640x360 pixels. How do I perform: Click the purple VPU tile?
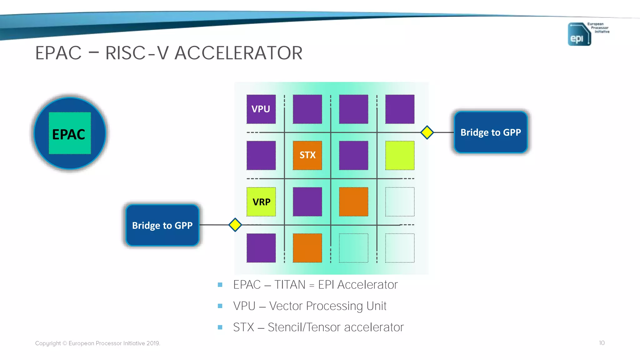pos(261,109)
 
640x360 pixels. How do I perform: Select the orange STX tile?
pos(307,155)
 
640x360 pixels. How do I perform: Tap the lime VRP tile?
pos(261,202)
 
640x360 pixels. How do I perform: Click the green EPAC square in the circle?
pos(70,133)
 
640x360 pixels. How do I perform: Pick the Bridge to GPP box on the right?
pos(491,132)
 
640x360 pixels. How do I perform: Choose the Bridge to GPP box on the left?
pos(162,225)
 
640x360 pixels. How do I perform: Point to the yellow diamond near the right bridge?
pos(427,132)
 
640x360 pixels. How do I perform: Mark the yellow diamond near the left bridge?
pos(235,225)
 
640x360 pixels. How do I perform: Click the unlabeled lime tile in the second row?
pos(400,155)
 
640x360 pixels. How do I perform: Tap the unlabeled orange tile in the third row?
pos(353,202)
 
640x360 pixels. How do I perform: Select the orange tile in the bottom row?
pos(307,248)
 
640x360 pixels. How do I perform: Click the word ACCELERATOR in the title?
pos(238,53)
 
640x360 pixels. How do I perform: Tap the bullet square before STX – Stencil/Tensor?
pos(220,327)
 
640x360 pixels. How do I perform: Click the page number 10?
pos(602,343)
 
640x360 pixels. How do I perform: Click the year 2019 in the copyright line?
pos(152,343)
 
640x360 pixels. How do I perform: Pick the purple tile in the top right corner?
pos(400,109)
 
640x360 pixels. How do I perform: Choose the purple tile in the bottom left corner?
pos(261,248)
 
